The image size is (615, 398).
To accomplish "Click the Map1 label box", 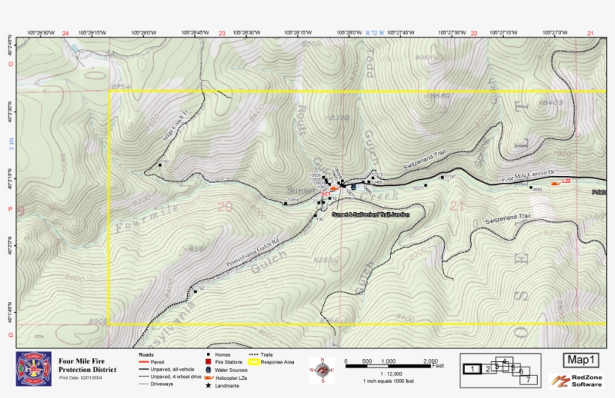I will tap(582, 361).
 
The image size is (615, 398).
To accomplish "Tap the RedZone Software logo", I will tap(577, 382).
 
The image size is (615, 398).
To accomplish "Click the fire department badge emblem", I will tap(34, 369).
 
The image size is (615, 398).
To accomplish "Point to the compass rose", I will tap(322, 370).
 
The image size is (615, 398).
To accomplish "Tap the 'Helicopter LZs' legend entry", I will tap(229, 379).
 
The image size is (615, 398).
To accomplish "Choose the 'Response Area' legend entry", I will tap(276, 362).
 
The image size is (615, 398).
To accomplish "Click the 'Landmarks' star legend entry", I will tap(226, 385).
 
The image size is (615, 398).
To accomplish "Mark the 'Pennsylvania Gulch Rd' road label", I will tap(252, 254).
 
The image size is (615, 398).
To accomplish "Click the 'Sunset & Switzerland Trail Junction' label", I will tap(370, 214).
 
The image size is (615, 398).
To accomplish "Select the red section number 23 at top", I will tap(221, 34).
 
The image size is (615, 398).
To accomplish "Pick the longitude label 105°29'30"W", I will tap(40, 33).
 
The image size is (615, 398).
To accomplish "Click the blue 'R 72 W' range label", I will tap(374, 34).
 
